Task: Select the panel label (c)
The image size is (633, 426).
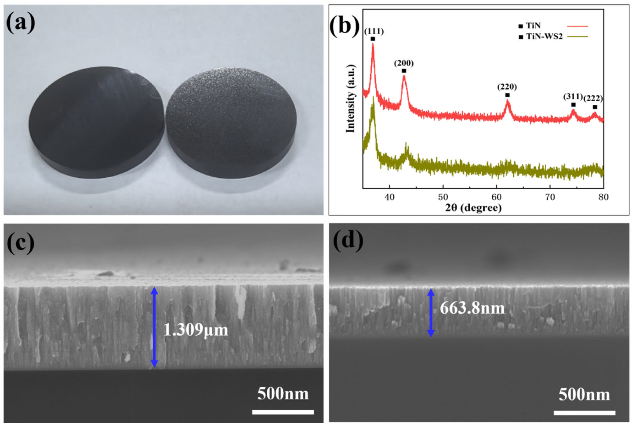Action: point(21,243)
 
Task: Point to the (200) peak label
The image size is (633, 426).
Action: point(404,63)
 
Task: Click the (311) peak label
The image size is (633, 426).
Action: point(573,96)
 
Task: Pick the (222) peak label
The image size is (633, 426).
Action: point(593,98)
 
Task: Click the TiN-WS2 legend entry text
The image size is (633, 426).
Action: point(544,36)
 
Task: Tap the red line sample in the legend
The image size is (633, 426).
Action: point(577,26)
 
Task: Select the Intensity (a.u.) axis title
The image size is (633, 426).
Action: point(351,99)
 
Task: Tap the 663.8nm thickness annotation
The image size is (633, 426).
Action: point(472,308)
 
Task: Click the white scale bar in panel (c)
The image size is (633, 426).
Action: point(283,412)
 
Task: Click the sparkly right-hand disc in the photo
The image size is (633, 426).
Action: point(231,122)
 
